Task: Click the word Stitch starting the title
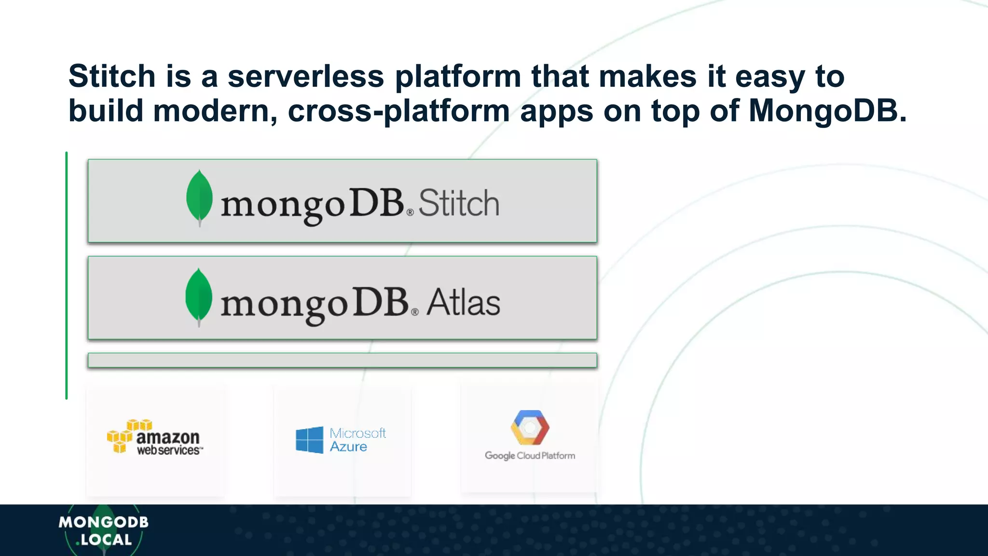112,76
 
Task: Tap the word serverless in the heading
306,76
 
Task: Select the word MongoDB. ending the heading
827,111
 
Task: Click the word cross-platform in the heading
398,111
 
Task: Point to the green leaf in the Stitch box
199,197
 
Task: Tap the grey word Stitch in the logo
458,203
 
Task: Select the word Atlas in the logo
463,303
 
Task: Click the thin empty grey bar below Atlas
342,361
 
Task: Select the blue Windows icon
309,440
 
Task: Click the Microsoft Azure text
357,440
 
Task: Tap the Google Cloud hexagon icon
530,428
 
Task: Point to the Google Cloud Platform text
530,456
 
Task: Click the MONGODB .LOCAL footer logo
103,530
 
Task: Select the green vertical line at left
67,275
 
